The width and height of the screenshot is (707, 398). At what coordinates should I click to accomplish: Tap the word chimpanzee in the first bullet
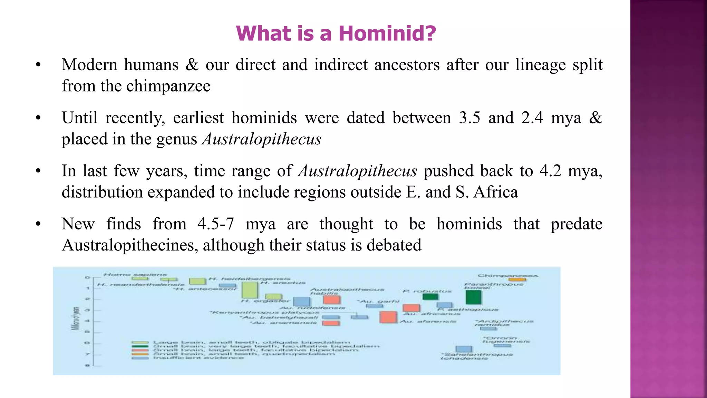(x=168, y=86)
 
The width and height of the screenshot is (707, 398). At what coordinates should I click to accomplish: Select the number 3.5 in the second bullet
(x=469, y=118)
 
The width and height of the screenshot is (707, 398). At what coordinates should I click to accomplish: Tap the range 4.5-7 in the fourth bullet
(x=216, y=224)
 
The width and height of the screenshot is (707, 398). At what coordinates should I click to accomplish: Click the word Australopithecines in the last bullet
(x=130, y=245)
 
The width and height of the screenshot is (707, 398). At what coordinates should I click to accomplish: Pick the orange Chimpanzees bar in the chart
(x=517, y=279)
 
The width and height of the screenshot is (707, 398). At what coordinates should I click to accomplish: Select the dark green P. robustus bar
(x=430, y=296)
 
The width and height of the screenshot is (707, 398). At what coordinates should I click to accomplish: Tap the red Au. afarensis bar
(x=388, y=317)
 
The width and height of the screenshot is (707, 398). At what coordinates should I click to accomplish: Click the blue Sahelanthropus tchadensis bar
(x=464, y=349)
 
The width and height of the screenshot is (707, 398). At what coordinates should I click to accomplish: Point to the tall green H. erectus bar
(x=250, y=290)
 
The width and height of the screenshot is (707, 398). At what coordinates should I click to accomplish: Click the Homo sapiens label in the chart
(x=135, y=275)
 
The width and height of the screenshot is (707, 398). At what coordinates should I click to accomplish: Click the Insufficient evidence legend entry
(x=198, y=358)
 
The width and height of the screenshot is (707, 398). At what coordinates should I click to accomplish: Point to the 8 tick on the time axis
(x=87, y=365)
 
